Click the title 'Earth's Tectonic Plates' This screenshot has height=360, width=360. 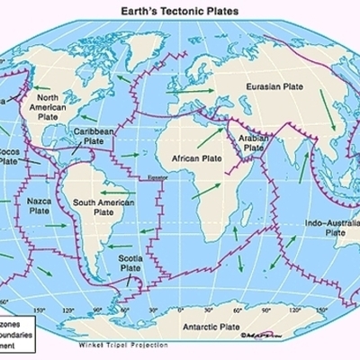pyautogui.click(x=179, y=10)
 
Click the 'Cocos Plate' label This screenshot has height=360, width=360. pyautogui.click(x=8, y=157)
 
